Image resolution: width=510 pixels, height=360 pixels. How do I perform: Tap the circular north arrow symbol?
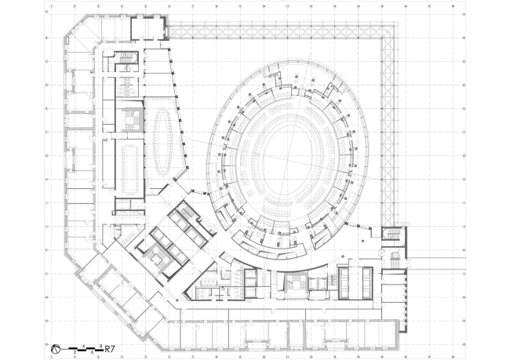pos(56,346)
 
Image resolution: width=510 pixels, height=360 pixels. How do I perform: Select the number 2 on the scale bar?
pos(75,351)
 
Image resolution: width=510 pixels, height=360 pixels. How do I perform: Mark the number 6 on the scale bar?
pos(93,351)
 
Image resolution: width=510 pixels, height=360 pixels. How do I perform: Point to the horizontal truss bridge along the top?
pos(275,31)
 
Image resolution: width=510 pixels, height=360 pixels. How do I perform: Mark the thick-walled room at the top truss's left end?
pos(148,27)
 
